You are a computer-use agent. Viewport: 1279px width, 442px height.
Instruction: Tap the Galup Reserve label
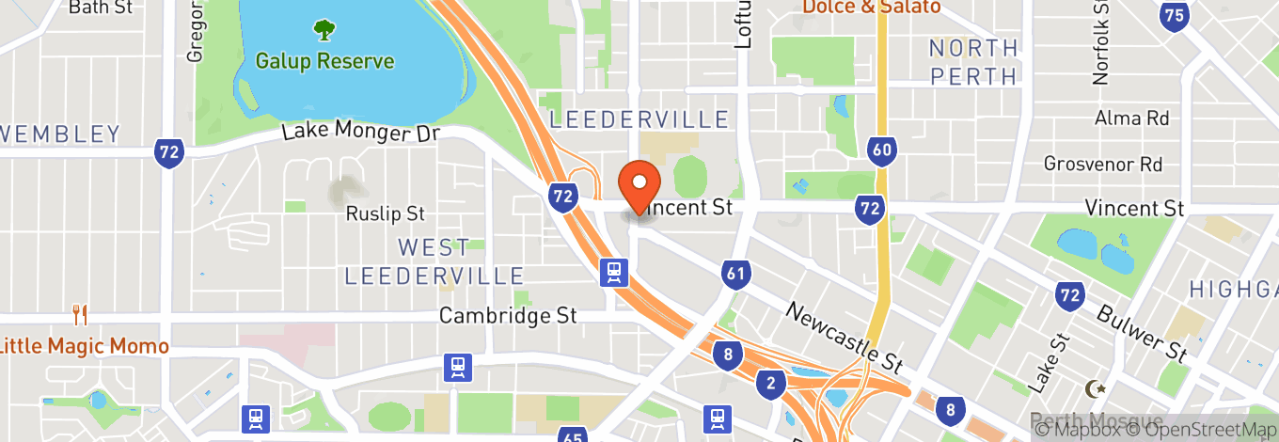(x=324, y=62)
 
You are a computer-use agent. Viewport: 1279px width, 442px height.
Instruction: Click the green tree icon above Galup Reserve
(x=324, y=30)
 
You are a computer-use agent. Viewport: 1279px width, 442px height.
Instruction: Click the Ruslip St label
(x=386, y=213)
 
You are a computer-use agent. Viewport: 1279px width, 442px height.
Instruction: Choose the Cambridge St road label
(x=508, y=316)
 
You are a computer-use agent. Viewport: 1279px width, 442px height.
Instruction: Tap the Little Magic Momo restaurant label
(x=84, y=346)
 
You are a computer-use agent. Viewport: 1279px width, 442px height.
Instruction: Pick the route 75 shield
(x=1173, y=14)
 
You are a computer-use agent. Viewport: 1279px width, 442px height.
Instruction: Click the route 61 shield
(x=736, y=275)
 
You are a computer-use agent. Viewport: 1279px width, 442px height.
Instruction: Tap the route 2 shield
(x=770, y=382)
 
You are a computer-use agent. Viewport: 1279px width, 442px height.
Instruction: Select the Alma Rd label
(x=1131, y=118)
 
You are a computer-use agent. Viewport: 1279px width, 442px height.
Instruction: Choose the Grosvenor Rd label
(x=1103, y=164)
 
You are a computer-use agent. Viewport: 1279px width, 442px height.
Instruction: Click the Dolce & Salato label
(x=871, y=7)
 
